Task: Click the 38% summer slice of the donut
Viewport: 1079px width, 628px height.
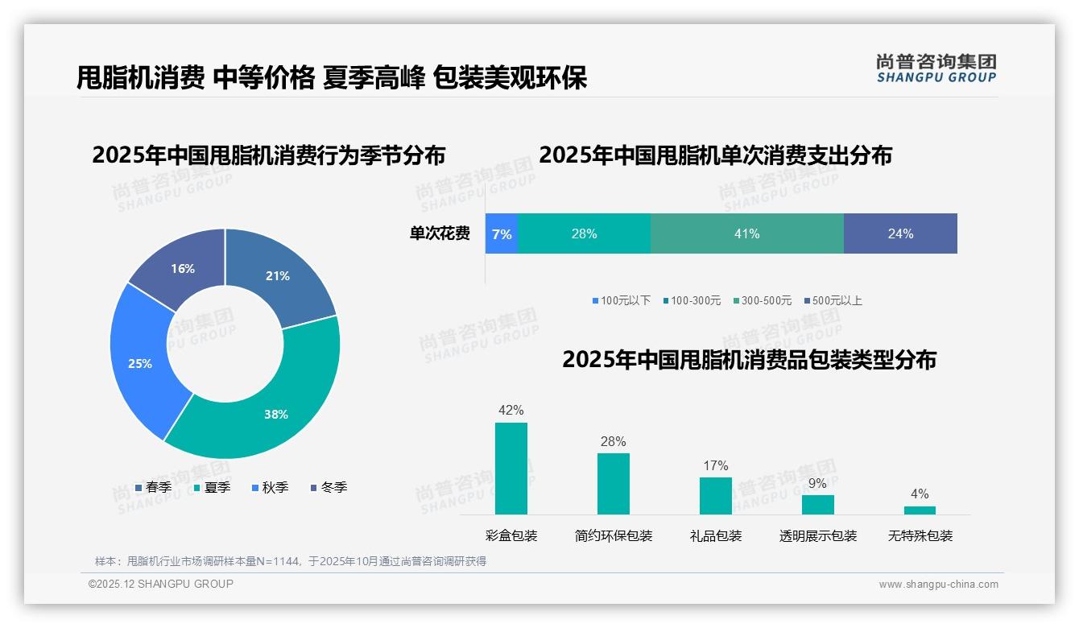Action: [274, 411]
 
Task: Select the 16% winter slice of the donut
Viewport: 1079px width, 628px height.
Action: [181, 267]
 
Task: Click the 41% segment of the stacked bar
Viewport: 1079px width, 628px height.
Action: [746, 233]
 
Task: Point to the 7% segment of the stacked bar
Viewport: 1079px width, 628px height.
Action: [501, 233]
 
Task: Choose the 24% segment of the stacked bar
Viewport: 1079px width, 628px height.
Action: [900, 233]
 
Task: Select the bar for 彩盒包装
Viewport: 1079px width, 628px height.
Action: [511, 469]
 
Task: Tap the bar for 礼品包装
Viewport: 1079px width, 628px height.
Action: [715, 496]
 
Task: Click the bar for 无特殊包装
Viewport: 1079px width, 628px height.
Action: [920, 510]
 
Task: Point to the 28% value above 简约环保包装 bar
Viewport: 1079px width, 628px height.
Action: [613, 442]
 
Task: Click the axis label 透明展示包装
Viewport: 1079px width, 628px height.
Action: [817, 536]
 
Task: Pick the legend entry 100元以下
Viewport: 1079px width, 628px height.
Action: [621, 301]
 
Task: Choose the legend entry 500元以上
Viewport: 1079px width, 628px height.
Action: [833, 301]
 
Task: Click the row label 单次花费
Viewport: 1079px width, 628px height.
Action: [440, 234]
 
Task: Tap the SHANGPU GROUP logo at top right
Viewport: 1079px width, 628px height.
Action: [936, 68]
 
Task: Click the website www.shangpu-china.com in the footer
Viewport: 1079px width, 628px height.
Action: [938, 585]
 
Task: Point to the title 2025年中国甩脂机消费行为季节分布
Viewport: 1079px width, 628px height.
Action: [268, 155]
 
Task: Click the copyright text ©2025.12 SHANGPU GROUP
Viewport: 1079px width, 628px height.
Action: [161, 585]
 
